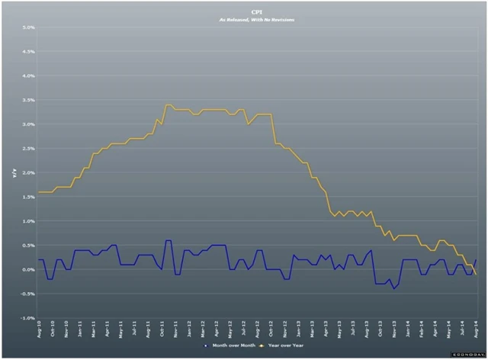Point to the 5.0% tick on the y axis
(x=28, y=28)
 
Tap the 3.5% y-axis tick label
(x=28, y=101)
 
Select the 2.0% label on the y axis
(x=28, y=173)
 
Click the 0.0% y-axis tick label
(x=28, y=270)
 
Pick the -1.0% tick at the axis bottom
(x=28, y=318)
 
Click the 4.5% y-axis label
(x=28, y=53)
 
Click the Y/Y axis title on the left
(x=14, y=173)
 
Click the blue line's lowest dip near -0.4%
(x=394, y=288)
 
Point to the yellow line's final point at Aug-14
(x=477, y=274)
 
